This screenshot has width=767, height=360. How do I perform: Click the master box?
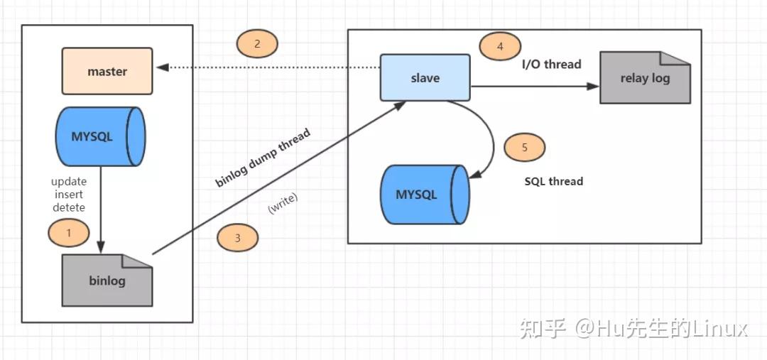pyautogui.click(x=107, y=71)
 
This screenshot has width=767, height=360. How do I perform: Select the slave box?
pyautogui.click(x=425, y=77)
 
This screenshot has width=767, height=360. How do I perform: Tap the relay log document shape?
pyautogui.click(x=645, y=78)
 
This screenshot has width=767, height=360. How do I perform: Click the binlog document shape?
pyautogui.click(x=107, y=280)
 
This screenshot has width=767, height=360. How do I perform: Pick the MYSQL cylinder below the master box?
pyautogui.click(x=99, y=137)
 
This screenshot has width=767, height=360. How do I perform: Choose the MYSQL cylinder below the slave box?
pyautogui.click(x=424, y=194)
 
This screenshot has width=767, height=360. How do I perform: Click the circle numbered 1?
pyautogui.click(x=68, y=232)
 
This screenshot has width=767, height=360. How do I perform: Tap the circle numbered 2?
pyautogui.click(x=257, y=44)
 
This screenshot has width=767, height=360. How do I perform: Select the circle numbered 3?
pyautogui.click(x=237, y=239)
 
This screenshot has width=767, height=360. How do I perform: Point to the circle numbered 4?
pyautogui.click(x=500, y=47)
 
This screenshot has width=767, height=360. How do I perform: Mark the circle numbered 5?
pyautogui.click(x=524, y=148)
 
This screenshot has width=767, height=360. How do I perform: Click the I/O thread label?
pyautogui.click(x=551, y=64)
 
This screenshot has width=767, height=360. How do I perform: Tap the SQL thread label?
pyautogui.click(x=553, y=181)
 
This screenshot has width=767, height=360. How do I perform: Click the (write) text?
pyautogui.click(x=283, y=203)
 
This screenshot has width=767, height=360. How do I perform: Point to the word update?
pyautogui.click(x=69, y=182)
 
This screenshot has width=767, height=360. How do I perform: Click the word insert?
pyautogui.click(x=69, y=195)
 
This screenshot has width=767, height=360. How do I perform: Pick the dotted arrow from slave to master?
pyautogui.click(x=270, y=67)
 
